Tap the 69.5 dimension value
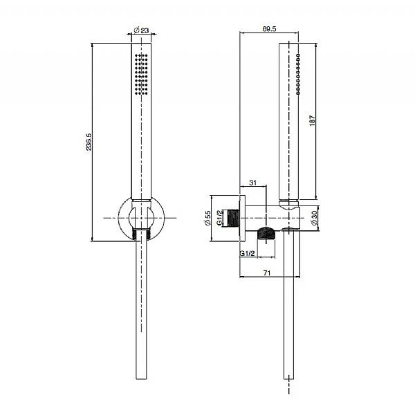270,28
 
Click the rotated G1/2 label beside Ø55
219,219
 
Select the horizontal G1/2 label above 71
248,255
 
